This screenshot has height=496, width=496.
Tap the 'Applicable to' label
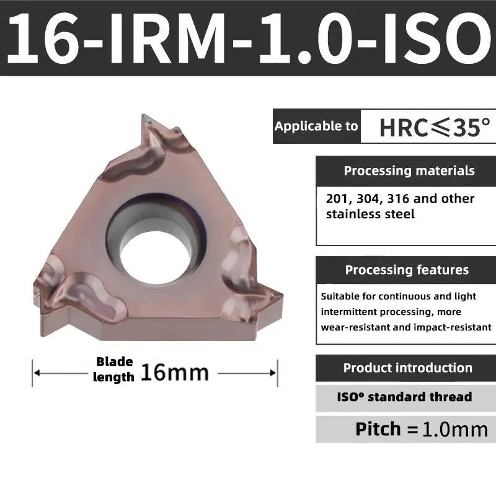pyautogui.click(x=316, y=126)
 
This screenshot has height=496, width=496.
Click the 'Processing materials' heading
pyautogui.click(x=409, y=170)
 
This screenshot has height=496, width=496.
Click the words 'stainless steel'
pyautogui.click(x=370, y=215)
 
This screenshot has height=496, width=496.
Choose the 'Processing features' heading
pyautogui.click(x=407, y=270)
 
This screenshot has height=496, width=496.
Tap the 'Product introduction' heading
pyautogui.click(x=407, y=368)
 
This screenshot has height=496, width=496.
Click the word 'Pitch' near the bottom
pyautogui.click(x=378, y=429)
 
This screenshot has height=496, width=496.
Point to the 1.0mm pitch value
pyautogui.click(x=454, y=430)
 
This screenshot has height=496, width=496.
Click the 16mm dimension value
pyautogui.click(x=175, y=372)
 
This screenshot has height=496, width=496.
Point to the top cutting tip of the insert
pyautogui.click(x=144, y=118)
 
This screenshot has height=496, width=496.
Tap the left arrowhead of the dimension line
pyautogui.click(x=37, y=373)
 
